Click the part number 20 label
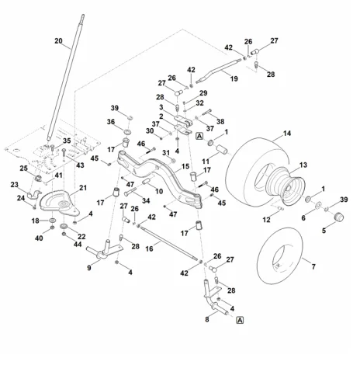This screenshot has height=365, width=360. coord(58,41)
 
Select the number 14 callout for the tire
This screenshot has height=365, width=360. coord(287,134)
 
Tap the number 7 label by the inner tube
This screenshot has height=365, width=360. coord(313,266)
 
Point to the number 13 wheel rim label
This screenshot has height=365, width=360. coord(303,165)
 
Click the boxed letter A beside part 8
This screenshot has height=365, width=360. coord(240,320)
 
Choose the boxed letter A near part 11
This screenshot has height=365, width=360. coord(199,136)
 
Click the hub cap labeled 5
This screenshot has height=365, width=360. coord(339,217)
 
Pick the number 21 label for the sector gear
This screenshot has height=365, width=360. coord(83,188)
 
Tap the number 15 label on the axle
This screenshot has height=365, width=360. coord(185,166)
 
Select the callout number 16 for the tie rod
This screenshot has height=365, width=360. coord(149,249)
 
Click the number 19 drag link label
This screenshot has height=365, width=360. coord(234,78)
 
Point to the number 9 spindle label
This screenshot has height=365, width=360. coord(89,268)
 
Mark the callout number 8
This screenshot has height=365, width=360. coord(207,319)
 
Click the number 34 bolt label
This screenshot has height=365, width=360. coord(146,200)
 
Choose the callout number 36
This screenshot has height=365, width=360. coord(111,122)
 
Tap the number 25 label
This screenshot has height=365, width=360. coord(23,169)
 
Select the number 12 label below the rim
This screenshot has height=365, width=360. coord(266,220)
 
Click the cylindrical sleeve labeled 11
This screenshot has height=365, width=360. coord(223,149)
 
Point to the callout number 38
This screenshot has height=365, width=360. coord(220,121)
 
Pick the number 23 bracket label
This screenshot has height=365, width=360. coord(15,185)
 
